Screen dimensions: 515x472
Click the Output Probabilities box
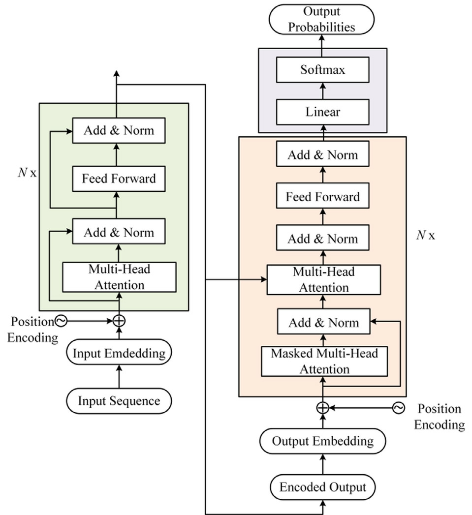tap(322, 19)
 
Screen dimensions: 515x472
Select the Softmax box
tap(323, 70)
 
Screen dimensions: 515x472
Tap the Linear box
tap(323, 112)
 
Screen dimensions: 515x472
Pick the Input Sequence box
tap(119, 401)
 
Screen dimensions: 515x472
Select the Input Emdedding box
tap(119, 353)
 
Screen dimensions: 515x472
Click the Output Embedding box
tap(323, 441)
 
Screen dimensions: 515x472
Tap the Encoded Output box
tap(323, 487)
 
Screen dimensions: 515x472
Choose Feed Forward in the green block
tap(119, 179)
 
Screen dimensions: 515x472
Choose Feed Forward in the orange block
tap(323, 197)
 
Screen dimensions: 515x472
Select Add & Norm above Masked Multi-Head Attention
tap(323, 323)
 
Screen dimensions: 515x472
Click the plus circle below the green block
tap(119, 321)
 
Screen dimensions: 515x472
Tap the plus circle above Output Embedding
tap(323, 407)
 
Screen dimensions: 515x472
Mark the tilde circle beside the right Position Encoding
tap(398, 407)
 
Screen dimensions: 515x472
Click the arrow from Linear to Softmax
tap(323, 91)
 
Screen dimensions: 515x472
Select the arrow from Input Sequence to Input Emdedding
tap(119, 377)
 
